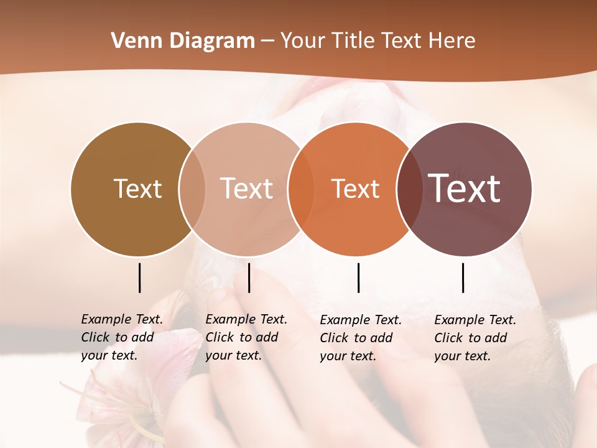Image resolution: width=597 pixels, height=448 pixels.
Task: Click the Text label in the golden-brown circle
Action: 137,189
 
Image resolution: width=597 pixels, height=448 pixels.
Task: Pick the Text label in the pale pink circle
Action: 247,189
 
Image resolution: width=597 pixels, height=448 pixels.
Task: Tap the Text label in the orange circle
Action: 355,189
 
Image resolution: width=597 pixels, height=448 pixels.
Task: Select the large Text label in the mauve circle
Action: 465,189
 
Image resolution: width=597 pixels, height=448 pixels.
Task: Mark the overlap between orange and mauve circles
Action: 409,189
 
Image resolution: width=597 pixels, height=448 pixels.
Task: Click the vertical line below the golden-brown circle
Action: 140,278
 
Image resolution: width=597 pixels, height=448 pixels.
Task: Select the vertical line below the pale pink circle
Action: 249,278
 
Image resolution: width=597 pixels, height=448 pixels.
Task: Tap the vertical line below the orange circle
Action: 358,278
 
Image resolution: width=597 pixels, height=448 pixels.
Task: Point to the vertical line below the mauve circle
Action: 463,278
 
